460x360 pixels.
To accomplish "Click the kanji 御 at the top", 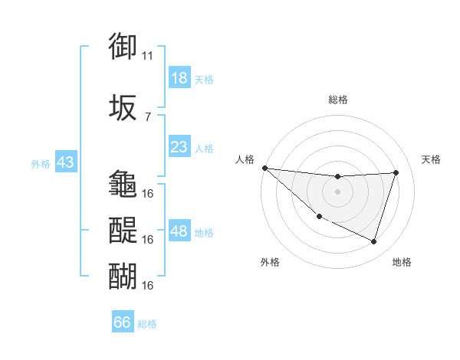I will pyautogui.click(x=123, y=47).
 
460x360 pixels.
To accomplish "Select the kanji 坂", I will pyautogui.click(x=123, y=106).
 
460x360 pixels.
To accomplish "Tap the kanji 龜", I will pyautogui.click(x=123, y=184).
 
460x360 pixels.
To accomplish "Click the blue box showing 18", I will pyautogui.click(x=179, y=78).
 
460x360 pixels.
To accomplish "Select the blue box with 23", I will pyautogui.click(x=179, y=147).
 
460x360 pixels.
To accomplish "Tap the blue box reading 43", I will pyautogui.click(x=64, y=163).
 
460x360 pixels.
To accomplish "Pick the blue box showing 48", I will pyautogui.click(x=179, y=231).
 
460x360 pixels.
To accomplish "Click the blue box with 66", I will pyautogui.click(x=122, y=322).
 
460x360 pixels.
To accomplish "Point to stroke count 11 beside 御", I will pyautogui.click(x=148, y=56).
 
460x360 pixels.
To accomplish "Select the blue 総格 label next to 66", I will pyautogui.click(x=147, y=324).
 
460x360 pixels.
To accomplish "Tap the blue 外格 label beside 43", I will pyautogui.click(x=40, y=164).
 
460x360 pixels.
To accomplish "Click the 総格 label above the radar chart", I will pyautogui.click(x=337, y=100).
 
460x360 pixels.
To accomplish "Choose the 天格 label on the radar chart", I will pyautogui.click(x=431, y=159).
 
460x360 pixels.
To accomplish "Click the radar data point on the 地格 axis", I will pyautogui.click(x=373, y=242).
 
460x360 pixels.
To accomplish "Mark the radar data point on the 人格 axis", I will pyautogui.click(x=264, y=168).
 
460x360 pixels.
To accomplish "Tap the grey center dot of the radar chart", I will pyautogui.click(x=337, y=191).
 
